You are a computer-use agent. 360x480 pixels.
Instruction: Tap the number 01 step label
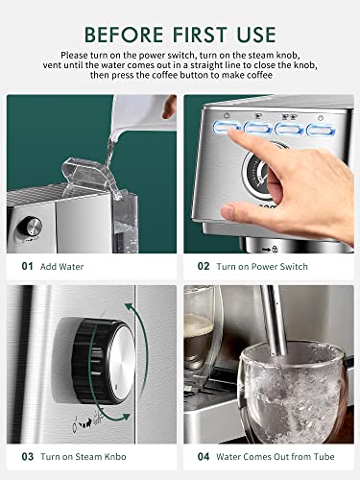(27, 266)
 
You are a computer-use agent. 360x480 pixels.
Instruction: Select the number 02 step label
(204, 266)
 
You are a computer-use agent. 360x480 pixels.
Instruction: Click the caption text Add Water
(61, 266)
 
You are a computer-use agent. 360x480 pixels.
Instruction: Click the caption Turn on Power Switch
(263, 266)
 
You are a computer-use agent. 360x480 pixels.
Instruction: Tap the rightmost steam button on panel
(320, 127)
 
